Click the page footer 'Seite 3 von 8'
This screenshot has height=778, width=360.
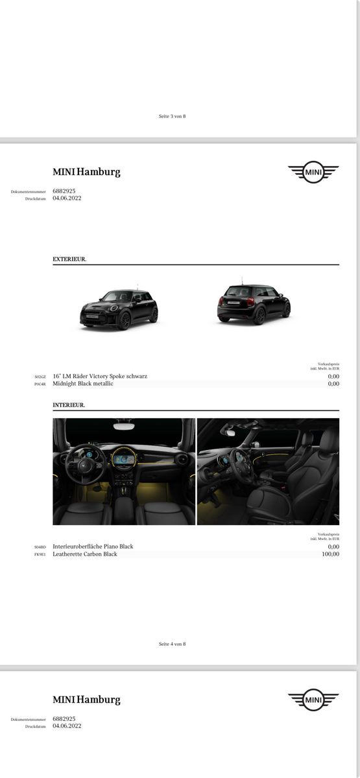coord(172,116)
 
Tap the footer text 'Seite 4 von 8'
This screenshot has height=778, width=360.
coord(172,644)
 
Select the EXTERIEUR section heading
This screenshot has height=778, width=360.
coord(69,259)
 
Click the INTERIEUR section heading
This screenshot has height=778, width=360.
coord(69,405)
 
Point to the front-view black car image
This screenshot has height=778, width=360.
coord(119,309)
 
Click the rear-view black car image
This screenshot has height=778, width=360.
coord(253,304)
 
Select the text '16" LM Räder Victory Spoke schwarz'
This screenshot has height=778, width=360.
coord(100,376)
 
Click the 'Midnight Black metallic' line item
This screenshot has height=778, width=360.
coord(83,384)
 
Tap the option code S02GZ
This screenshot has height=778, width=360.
coord(40,377)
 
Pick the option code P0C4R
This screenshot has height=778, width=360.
coord(40,384)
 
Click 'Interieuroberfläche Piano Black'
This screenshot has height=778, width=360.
coord(93,547)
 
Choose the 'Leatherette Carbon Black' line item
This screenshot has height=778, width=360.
coord(85,554)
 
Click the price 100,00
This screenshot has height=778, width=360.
coord(330,554)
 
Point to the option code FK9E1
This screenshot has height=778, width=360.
coord(40,555)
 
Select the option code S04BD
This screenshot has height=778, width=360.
coord(40,547)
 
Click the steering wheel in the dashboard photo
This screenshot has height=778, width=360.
coord(84,462)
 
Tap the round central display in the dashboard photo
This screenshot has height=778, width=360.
coord(123,459)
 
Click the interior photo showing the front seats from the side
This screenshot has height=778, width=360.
coord(268,471)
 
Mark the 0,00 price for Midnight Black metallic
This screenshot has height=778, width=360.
coord(333,384)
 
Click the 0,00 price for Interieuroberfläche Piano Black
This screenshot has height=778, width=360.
coord(333,547)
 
